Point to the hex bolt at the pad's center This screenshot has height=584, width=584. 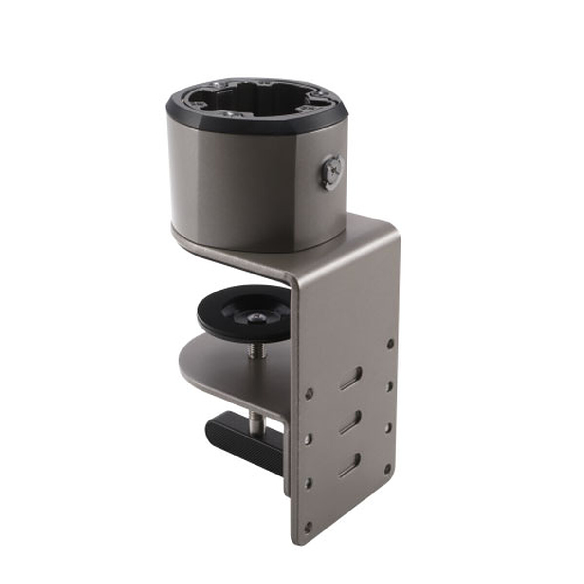tap(255, 318)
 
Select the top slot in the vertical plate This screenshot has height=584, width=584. tap(351, 379)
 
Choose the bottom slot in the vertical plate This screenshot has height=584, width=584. tap(350, 465)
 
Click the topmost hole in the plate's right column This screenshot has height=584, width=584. tap(390, 344)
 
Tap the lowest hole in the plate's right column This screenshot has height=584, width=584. tap(387, 470)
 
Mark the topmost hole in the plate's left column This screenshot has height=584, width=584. tap(309, 392)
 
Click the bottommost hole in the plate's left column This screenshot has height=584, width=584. tap(308, 526)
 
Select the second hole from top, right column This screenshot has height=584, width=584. tap(389, 386)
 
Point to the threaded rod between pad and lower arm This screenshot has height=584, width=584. tap(254, 349)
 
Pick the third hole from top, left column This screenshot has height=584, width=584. tap(308, 483)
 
